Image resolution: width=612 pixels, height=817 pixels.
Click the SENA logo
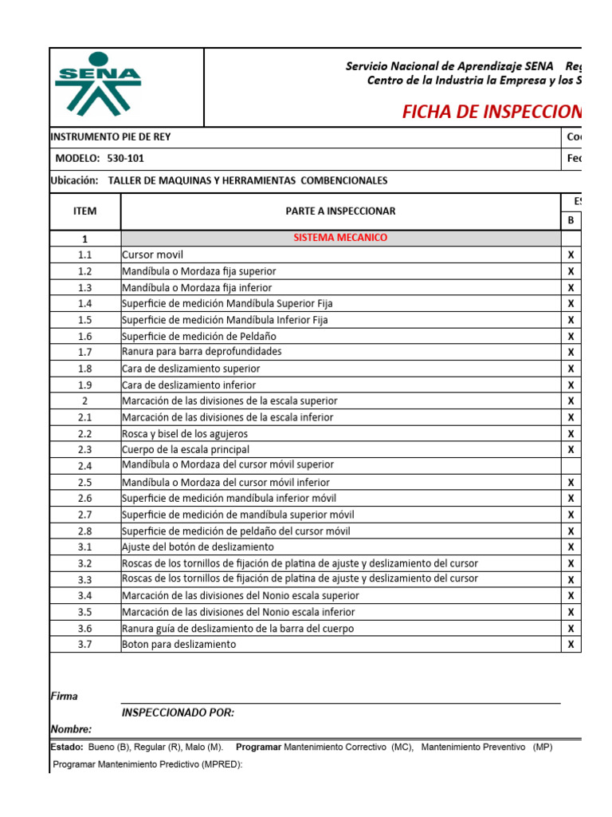pyautogui.click(x=98, y=84)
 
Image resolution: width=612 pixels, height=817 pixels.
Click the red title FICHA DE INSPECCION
pyautogui.click(x=491, y=112)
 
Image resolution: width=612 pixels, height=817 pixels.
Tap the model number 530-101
pyautogui.click(x=125, y=159)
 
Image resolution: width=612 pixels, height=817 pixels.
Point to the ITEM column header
pyautogui.click(x=84, y=211)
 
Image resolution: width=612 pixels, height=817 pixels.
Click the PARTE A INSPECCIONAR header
pyautogui.click(x=340, y=211)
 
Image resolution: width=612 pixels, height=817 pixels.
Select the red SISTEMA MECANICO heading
pyautogui.click(x=340, y=238)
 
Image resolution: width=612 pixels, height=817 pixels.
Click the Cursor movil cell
pyautogui.click(x=152, y=255)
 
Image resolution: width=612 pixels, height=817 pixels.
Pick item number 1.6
pyautogui.click(x=85, y=337)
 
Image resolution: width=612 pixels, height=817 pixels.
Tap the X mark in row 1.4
pyautogui.click(x=571, y=304)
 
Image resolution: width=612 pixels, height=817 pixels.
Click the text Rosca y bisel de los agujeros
pyautogui.click(x=185, y=434)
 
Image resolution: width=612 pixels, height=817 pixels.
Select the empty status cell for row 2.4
pyautogui.click(x=571, y=465)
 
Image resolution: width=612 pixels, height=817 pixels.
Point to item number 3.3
pyautogui.click(x=85, y=579)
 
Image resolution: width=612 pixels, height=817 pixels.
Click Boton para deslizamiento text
pyautogui.click(x=178, y=645)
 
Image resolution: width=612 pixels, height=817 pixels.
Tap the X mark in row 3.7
pyautogui.click(x=571, y=645)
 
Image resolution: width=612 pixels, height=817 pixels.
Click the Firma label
pyautogui.click(x=64, y=697)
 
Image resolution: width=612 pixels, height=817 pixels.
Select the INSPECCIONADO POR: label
pyautogui.click(x=178, y=713)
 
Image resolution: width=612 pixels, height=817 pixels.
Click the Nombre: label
pyautogui.click(x=71, y=729)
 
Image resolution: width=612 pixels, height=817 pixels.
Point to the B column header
pyautogui.click(x=571, y=219)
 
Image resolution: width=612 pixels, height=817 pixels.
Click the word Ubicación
pyautogui.click(x=73, y=181)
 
